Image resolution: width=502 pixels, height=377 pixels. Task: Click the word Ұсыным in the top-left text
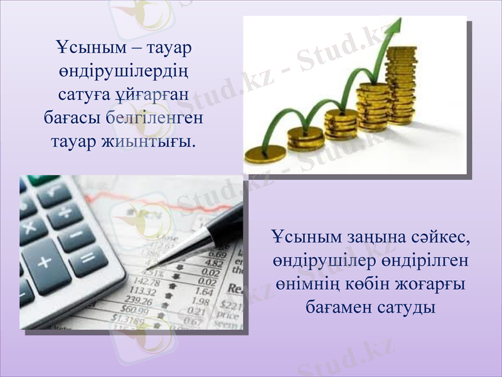[x=78, y=47]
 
